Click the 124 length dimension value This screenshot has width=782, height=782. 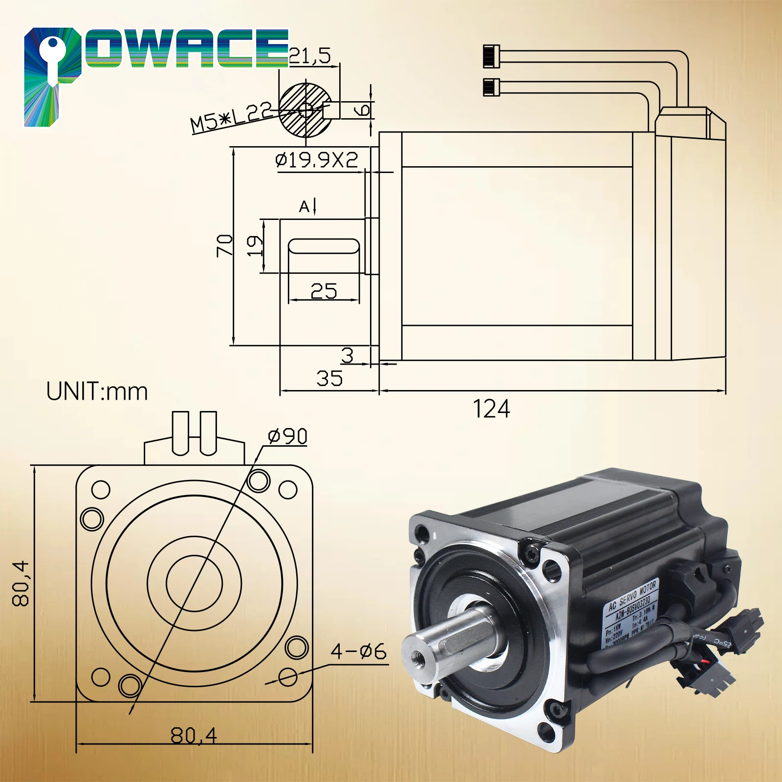(x=492, y=409)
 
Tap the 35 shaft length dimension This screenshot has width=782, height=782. (x=329, y=378)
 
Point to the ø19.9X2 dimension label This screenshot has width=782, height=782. (x=317, y=160)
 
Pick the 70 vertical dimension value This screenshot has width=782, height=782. (x=225, y=245)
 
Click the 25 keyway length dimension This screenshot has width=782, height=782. (x=324, y=291)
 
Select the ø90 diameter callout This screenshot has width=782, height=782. (x=288, y=436)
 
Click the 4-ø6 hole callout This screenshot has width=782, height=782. (x=358, y=652)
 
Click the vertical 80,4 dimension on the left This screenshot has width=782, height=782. (x=22, y=584)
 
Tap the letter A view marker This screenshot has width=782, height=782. (x=304, y=207)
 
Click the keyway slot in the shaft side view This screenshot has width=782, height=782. (x=324, y=246)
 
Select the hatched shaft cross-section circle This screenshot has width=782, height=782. (x=305, y=110)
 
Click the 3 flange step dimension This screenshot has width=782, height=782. (x=348, y=355)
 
